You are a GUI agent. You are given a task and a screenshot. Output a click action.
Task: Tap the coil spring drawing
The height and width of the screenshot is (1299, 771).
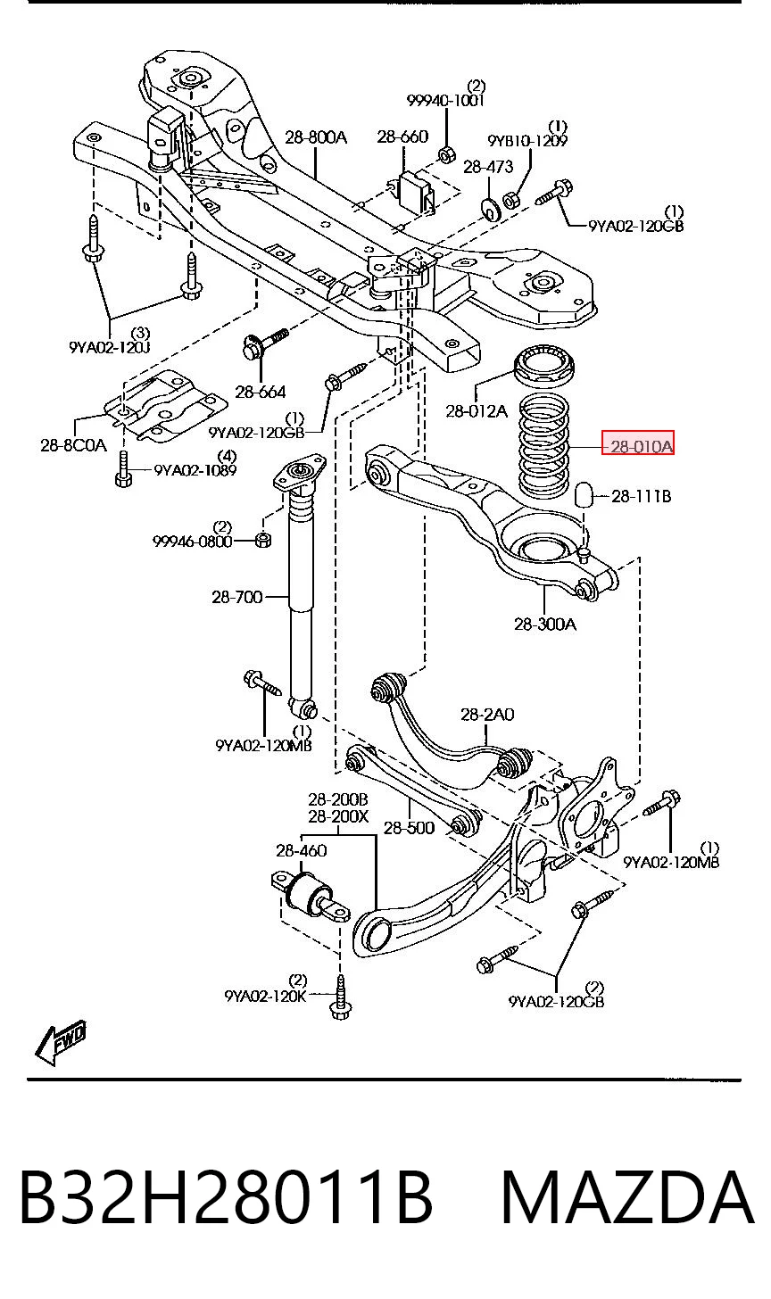click(x=543, y=446)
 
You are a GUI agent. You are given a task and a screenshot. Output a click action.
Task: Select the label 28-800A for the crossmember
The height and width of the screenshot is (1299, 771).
click(x=316, y=137)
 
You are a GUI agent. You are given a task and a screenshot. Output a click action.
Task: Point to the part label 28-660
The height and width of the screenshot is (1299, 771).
click(x=402, y=137)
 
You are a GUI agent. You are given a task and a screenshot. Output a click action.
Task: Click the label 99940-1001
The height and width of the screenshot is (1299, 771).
click(x=445, y=100)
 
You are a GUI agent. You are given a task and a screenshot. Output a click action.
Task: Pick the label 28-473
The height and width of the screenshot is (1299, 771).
click(x=488, y=167)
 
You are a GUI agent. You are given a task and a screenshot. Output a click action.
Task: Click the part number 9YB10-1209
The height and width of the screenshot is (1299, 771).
click(x=527, y=140)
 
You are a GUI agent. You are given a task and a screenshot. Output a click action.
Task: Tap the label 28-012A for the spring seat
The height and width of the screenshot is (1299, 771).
click(x=477, y=411)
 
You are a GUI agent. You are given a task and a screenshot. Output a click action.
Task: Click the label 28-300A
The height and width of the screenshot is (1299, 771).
click(x=545, y=624)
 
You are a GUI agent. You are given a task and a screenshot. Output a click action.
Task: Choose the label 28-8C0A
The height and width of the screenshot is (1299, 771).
click(x=74, y=445)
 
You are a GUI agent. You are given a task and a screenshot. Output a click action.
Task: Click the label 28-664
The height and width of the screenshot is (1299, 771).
click(x=261, y=392)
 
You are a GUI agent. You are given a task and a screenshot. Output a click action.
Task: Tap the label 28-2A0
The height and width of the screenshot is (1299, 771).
click(x=487, y=715)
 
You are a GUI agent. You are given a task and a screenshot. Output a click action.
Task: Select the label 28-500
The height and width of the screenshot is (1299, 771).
click(x=409, y=828)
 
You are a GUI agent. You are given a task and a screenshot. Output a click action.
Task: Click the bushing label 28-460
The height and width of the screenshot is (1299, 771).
click(x=301, y=851)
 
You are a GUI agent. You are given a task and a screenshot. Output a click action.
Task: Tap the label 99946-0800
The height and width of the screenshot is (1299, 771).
click(x=193, y=542)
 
